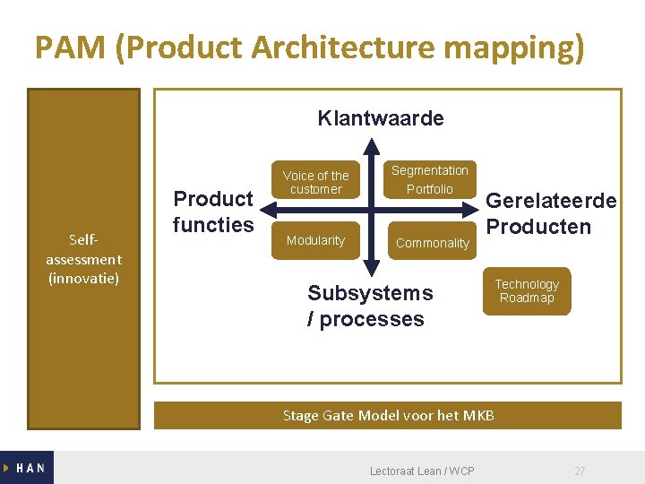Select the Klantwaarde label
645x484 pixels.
point(381,118)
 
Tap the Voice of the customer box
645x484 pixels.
point(315,182)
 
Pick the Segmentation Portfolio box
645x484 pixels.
point(430,179)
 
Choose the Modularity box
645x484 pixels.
point(315,240)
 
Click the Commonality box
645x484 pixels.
point(432,243)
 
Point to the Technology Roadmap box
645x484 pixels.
point(527,291)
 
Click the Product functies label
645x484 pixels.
point(213,212)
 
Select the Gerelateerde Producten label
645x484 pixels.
point(551,213)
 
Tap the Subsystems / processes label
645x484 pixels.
point(369,306)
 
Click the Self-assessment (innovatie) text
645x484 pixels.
point(83,259)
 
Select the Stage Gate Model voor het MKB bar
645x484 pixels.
point(388,415)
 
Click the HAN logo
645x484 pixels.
point(27,468)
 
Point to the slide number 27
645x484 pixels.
point(580,471)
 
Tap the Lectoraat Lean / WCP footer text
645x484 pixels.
point(422,471)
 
